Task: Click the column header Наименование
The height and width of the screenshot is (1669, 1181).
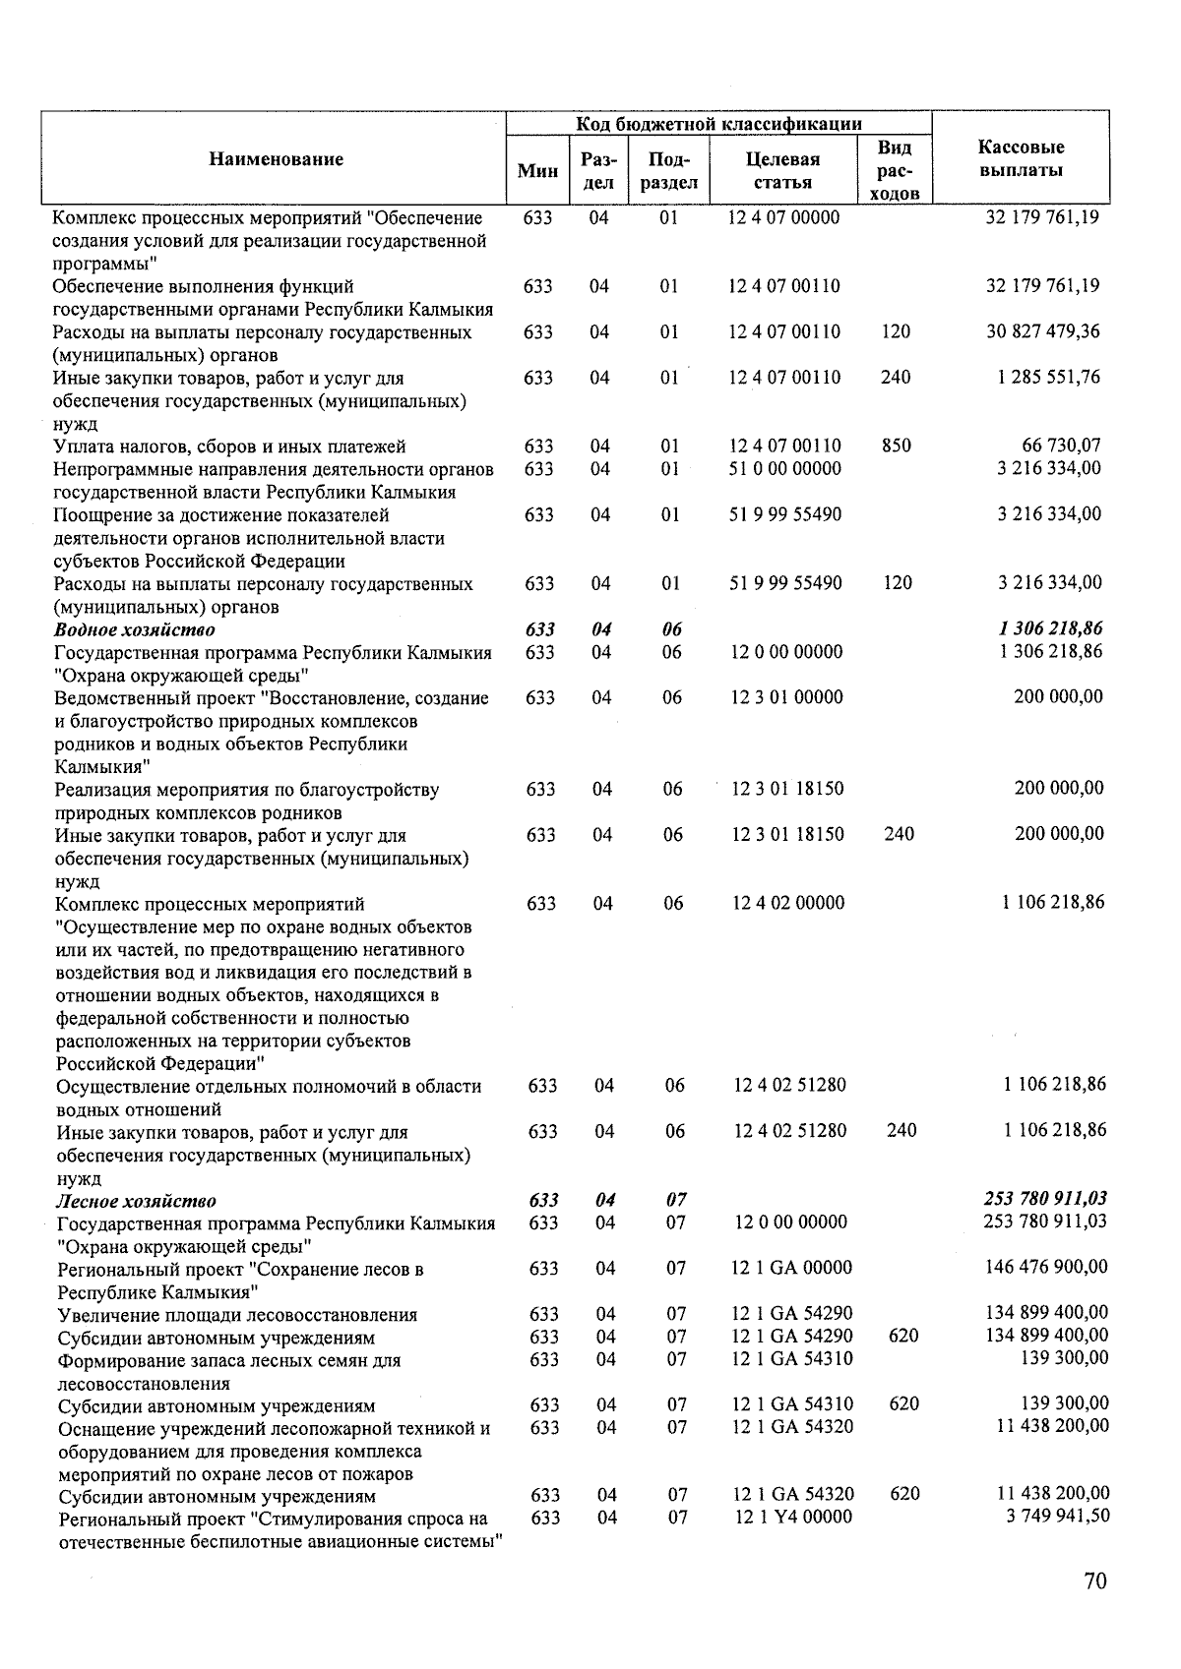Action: point(276,159)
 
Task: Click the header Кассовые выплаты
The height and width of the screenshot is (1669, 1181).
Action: point(1021,159)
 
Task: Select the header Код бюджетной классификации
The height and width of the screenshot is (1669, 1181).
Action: point(718,124)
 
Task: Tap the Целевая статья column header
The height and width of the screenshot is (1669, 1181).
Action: point(783,170)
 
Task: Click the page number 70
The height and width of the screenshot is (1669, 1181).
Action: point(1094,1581)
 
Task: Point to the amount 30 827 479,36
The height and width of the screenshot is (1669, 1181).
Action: point(1043,331)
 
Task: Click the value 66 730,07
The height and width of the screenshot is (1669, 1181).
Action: point(1061,446)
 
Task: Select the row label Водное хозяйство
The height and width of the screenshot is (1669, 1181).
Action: point(135,629)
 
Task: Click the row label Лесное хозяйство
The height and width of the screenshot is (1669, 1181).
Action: point(137,1201)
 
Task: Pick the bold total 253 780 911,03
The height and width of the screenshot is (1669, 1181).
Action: point(1045,1199)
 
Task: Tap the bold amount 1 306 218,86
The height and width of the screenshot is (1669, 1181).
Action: point(1050,628)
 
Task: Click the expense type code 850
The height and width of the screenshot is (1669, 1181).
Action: point(896,446)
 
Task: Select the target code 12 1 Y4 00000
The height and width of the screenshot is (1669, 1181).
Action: point(793,1517)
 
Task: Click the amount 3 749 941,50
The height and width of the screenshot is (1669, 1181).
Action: point(1057,1517)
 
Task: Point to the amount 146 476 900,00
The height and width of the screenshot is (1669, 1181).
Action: point(1046,1268)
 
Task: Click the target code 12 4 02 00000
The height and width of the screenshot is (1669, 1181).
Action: point(787,903)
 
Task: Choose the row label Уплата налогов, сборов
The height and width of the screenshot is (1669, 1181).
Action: point(230,447)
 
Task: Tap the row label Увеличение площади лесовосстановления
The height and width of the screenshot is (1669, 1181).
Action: point(237,1315)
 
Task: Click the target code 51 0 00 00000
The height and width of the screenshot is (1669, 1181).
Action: point(784,469)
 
